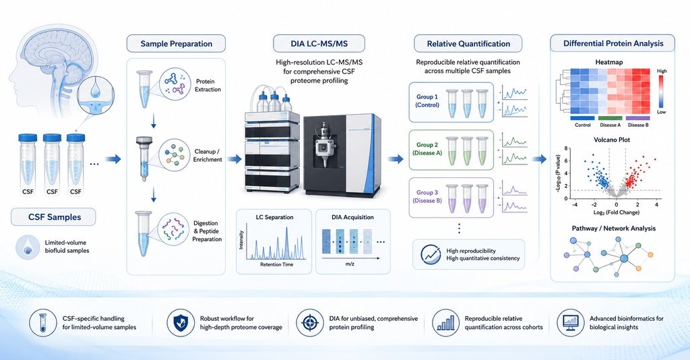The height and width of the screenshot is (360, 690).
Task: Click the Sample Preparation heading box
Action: point(176,44)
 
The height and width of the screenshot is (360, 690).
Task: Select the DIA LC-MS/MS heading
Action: point(319,44)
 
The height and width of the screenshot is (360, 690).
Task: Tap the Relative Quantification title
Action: point(468,44)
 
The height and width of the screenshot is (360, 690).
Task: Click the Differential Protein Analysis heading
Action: point(613,44)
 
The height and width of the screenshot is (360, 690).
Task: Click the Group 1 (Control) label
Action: point(427,100)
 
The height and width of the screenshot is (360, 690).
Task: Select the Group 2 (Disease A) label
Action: point(427,149)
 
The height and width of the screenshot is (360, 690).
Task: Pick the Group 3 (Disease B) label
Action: point(427,196)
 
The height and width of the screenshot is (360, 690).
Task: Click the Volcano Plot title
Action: point(612,140)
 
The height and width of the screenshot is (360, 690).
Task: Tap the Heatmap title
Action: point(609,62)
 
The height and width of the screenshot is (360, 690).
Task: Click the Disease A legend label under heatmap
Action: point(610,125)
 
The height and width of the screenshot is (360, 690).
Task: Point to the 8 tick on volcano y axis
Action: point(566,149)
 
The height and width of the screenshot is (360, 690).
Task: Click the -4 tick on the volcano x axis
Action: point(575,205)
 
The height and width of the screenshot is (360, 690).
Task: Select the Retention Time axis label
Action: point(276,264)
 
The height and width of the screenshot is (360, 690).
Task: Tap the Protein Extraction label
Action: point(208,86)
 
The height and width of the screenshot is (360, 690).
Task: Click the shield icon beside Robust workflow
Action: point(181,323)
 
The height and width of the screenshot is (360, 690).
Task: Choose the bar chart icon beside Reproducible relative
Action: point(446,323)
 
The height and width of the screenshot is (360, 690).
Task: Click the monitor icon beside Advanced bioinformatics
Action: point(571,323)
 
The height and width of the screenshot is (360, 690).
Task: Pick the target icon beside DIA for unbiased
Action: point(310,323)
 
